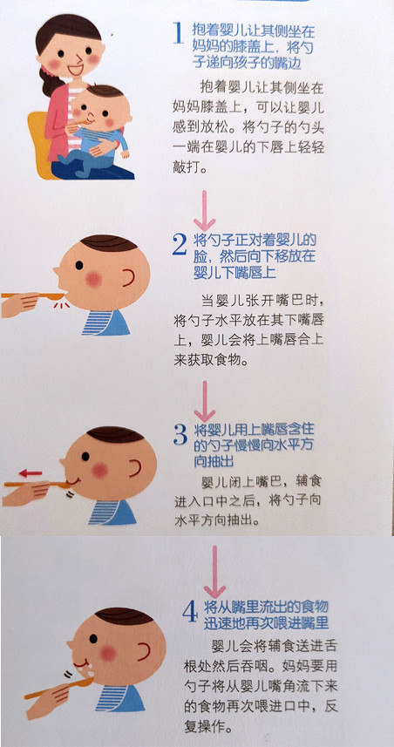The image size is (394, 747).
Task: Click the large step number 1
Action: tap(177, 33)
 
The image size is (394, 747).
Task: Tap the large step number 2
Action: tap(179, 245)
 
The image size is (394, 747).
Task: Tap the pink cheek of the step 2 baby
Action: tap(93, 279)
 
